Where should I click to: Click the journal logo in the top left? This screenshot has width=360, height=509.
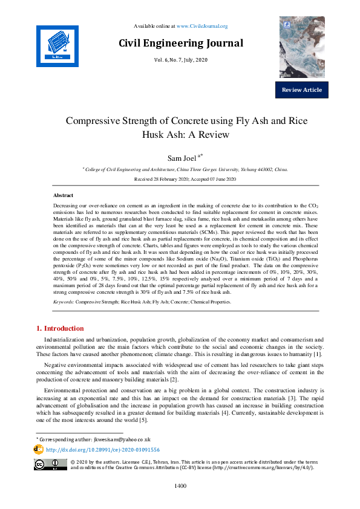[57, 46]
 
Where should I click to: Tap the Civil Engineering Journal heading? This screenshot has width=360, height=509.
[181, 44]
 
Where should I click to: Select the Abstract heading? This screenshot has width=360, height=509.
[64, 196]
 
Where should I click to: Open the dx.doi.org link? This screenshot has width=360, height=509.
[103, 450]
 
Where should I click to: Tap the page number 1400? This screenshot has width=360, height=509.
[180, 485]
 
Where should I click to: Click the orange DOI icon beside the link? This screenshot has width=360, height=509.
[38, 450]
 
